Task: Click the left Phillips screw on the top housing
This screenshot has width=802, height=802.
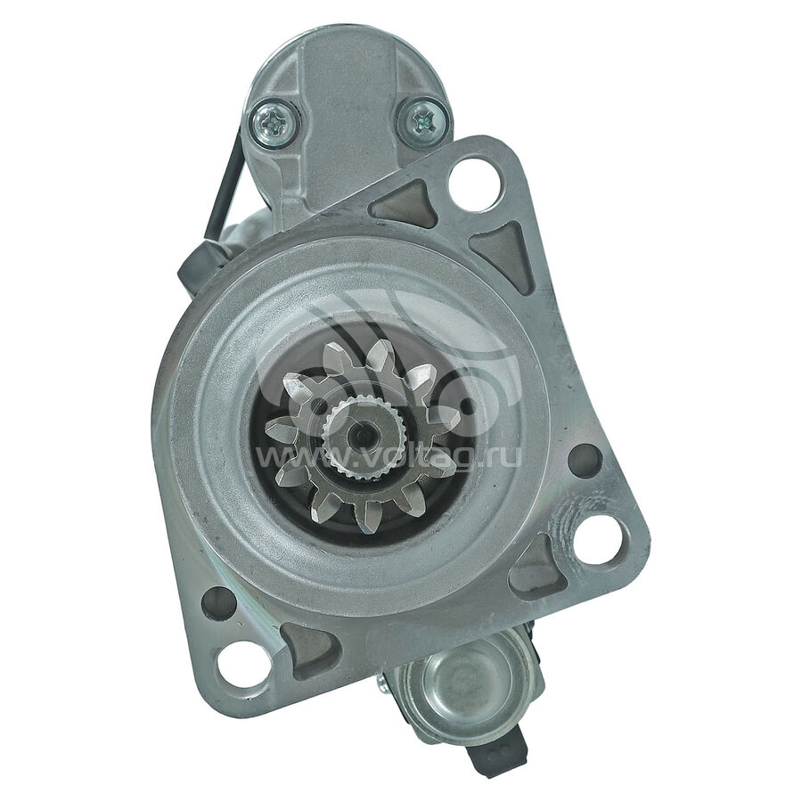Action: pos(274,123)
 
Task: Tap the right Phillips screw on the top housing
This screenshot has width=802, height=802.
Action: pos(424,122)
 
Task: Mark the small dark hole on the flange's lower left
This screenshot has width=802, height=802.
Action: pos(219,604)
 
